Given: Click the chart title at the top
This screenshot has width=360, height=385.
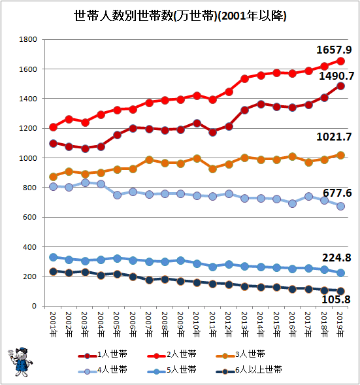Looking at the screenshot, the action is point(180,16).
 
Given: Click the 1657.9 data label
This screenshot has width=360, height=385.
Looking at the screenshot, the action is point(334,50).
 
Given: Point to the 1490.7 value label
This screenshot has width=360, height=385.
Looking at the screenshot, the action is point(336,76).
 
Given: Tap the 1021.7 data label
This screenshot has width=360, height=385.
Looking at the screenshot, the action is point(334,137).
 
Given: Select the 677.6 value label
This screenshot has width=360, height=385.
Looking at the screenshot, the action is point(337,193).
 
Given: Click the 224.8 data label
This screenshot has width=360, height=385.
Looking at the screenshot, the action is point(336,258).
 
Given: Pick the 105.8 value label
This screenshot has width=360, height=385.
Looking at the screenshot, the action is point(336,299).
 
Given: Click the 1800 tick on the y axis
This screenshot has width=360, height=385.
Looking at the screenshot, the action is point(28,39).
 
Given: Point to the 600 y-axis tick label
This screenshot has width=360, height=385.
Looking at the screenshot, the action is point(29,217).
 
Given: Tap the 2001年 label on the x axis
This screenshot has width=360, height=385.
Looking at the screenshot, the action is point(54,324).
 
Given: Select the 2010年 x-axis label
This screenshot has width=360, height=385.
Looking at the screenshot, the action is point(197,324).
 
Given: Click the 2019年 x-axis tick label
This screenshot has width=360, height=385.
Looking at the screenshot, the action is point(340,324).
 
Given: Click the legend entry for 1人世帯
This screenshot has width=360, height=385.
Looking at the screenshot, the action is point(103,354).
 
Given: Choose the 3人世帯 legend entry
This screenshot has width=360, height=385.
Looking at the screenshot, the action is point(240,354).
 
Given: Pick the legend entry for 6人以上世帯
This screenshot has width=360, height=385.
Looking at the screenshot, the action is point(249,370).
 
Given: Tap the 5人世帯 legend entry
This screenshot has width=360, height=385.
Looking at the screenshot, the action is point(172,370).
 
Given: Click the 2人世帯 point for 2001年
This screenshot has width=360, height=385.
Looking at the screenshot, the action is point(54,127).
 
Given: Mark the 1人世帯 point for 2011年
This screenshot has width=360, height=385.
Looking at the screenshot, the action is point(212,133).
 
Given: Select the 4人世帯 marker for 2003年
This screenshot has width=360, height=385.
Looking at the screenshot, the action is point(85,183).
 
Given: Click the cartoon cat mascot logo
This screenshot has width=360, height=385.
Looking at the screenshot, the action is point(20,361).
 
